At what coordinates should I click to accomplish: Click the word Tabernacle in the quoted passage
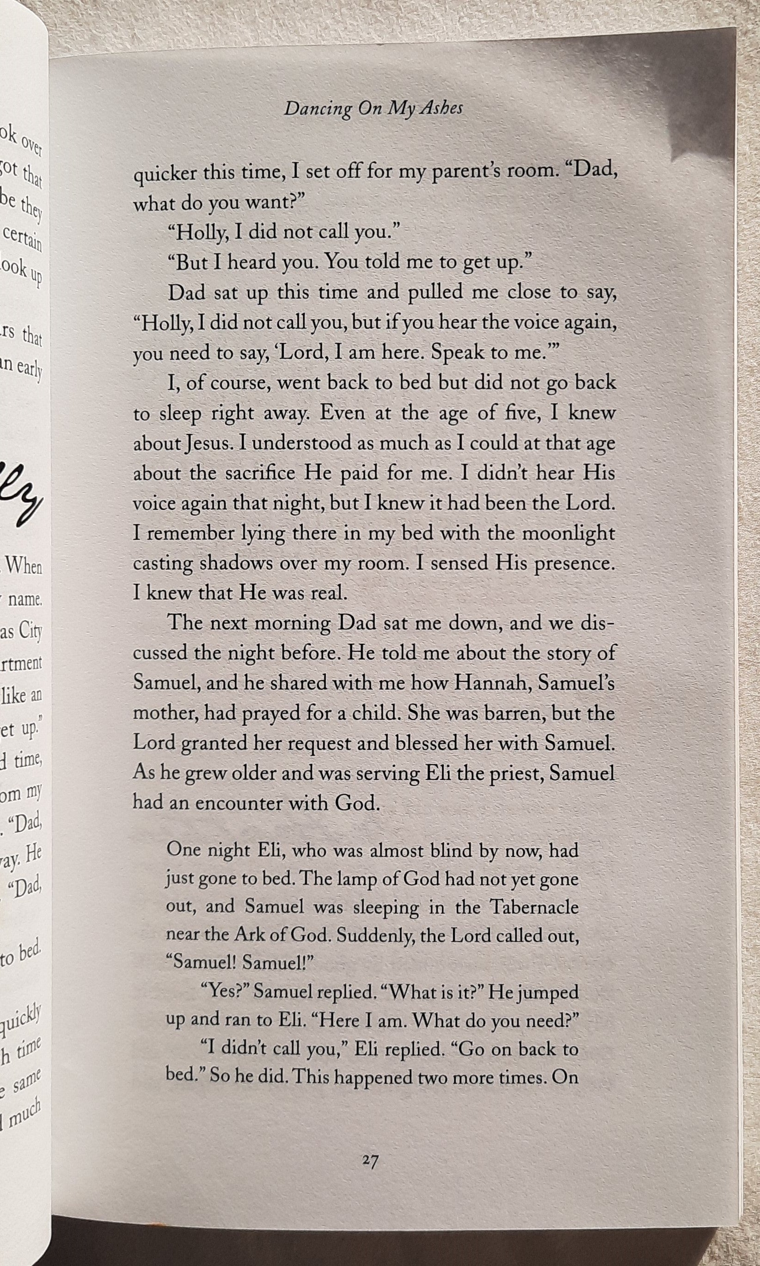click(534, 878)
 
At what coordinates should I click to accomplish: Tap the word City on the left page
click(31, 631)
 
